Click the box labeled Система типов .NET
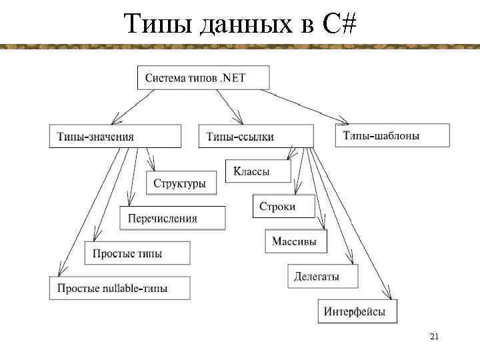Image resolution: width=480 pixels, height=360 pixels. (x=203, y=78)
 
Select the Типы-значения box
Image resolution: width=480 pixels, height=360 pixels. (x=115, y=136)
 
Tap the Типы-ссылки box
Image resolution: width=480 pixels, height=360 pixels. (x=256, y=136)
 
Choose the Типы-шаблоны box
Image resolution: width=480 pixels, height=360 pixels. (x=391, y=135)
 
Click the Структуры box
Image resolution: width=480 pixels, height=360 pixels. (x=181, y=183)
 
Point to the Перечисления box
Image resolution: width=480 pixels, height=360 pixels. (x=172, y=218)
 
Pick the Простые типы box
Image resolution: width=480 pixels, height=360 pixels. (x=137, y=253)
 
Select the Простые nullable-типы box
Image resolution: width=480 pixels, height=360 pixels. (x=119, y=288)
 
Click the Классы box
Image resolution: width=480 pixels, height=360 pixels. (x=259, y=171)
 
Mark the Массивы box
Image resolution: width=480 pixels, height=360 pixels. (x=299, y=241)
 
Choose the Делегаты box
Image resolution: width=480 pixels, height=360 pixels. (x=323, y=276)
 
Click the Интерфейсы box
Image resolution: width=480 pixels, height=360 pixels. (x=357, y=311)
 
